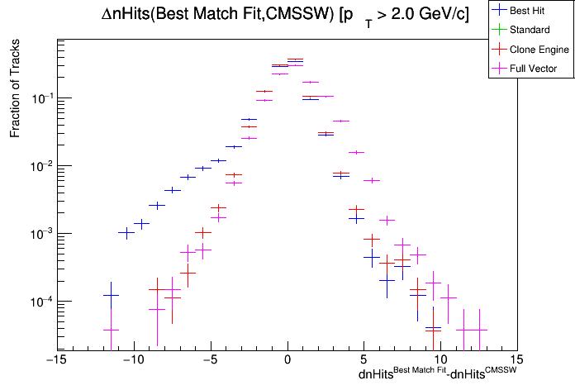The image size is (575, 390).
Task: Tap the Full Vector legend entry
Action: point(534,69)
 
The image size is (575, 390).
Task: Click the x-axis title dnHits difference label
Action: point(438,374)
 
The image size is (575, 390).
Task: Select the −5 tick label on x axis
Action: point(209,360)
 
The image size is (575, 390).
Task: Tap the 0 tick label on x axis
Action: point(287,360)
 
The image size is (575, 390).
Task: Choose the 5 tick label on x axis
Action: point(364,360)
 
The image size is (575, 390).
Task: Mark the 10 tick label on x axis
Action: point(440,360)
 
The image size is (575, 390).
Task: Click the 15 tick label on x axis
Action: point(517,360)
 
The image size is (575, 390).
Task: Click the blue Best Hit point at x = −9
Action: point(141,223)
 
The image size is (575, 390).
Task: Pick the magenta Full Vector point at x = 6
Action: point(372,180)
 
